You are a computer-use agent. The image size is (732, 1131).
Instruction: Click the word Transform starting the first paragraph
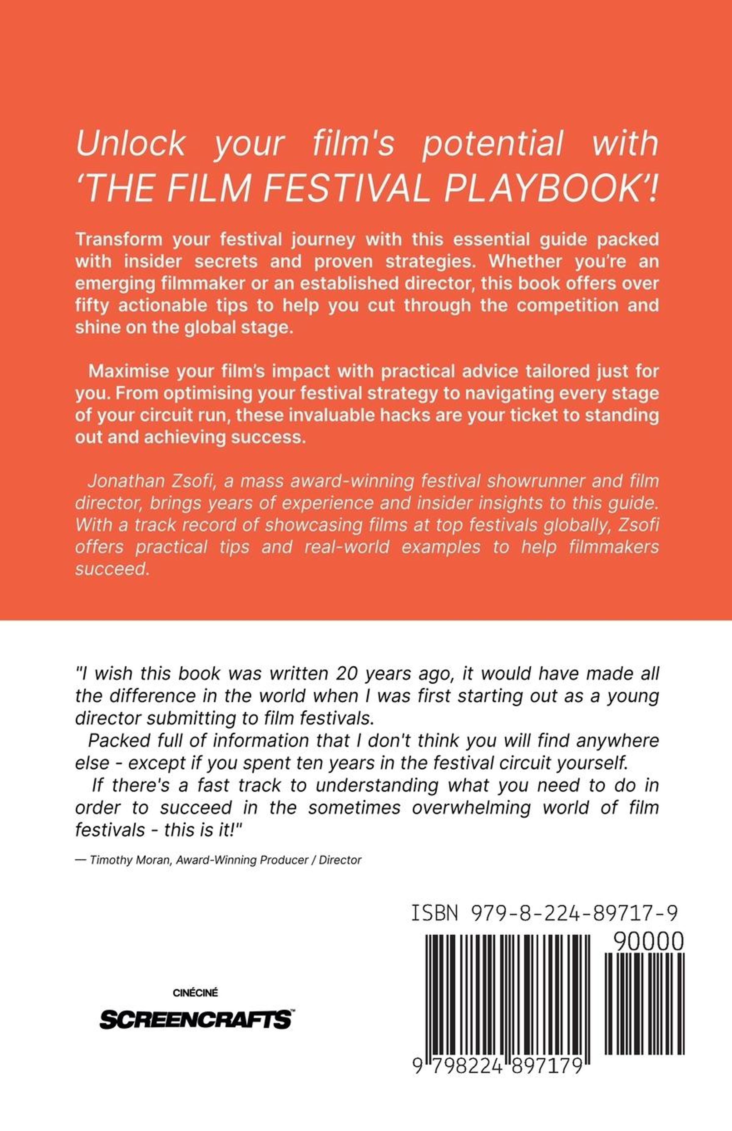click(x=119, y=239)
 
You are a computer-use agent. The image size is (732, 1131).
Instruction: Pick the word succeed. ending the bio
click(x=112, y=569)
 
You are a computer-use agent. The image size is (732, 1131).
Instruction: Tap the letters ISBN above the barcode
click(x=434, y=913)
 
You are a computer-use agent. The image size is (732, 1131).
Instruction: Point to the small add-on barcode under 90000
click(x=644, y=1004)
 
